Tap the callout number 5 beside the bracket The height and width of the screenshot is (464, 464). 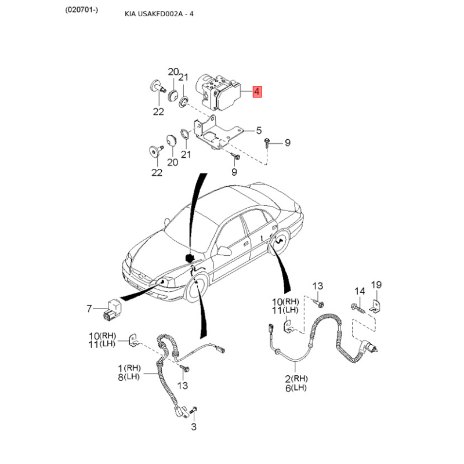point(259,130)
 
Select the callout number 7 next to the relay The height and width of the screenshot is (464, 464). point(89,308)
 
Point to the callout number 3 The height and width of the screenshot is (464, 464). point(194,427)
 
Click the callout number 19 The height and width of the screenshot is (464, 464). point(376,285)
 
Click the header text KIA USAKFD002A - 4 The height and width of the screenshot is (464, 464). point(159,13)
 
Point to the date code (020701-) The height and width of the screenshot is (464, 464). point(82,10)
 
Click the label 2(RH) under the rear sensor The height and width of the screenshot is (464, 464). point(295,378)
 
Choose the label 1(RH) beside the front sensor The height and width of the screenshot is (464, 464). point(128,368)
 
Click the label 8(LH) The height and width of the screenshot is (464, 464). point(128,376)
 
